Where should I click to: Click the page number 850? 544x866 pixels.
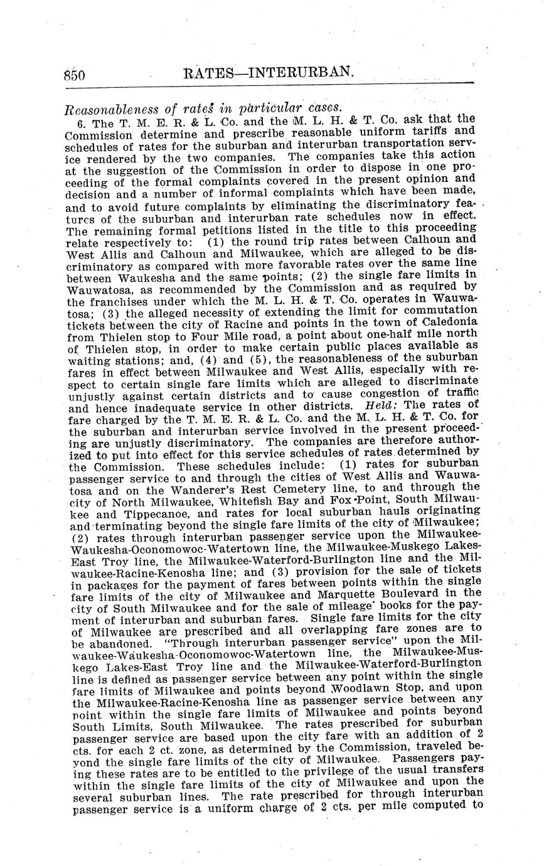coord(74,74)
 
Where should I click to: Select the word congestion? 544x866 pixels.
coord(375,394)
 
